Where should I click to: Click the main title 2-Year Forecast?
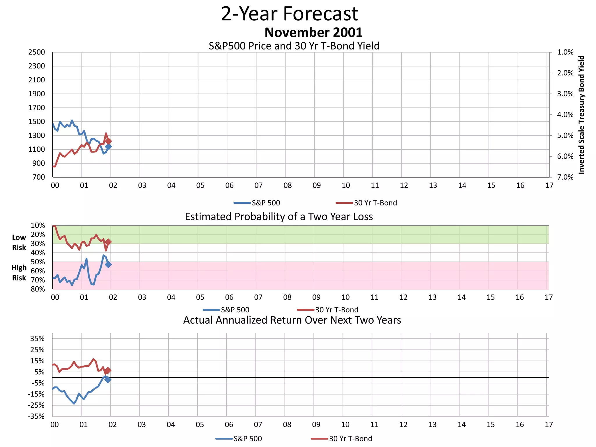(x=290, y=14)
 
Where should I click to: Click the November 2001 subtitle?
(x=313, y=32)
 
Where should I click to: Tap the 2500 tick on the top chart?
(x=37, y=52)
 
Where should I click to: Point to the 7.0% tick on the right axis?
(x=565, y=177)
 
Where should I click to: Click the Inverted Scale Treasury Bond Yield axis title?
(x=581, y=115)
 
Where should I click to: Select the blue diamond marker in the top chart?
(x=108, y=147)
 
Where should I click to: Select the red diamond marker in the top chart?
(x=108, y=141)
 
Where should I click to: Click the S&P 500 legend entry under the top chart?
(x=257, y=203)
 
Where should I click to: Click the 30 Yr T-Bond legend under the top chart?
(x=366, y=203)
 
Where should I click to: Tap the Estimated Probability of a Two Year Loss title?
(x=279, y=217)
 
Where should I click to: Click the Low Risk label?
(x=19, y=242)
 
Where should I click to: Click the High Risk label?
(x=19, y=273)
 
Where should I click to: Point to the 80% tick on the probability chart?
(x=38, y=289)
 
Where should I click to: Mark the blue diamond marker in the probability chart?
(x=108, y=265)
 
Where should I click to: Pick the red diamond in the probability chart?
(x=108, y=242)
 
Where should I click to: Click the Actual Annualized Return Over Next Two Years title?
(x=292, y=320)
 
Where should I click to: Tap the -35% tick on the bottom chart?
(x=36, y=416)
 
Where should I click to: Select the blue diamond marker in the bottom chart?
(x=108, y=379)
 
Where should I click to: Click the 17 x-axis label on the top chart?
(x=549, y=185)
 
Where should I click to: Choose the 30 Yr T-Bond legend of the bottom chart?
(x=342, y=439)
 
